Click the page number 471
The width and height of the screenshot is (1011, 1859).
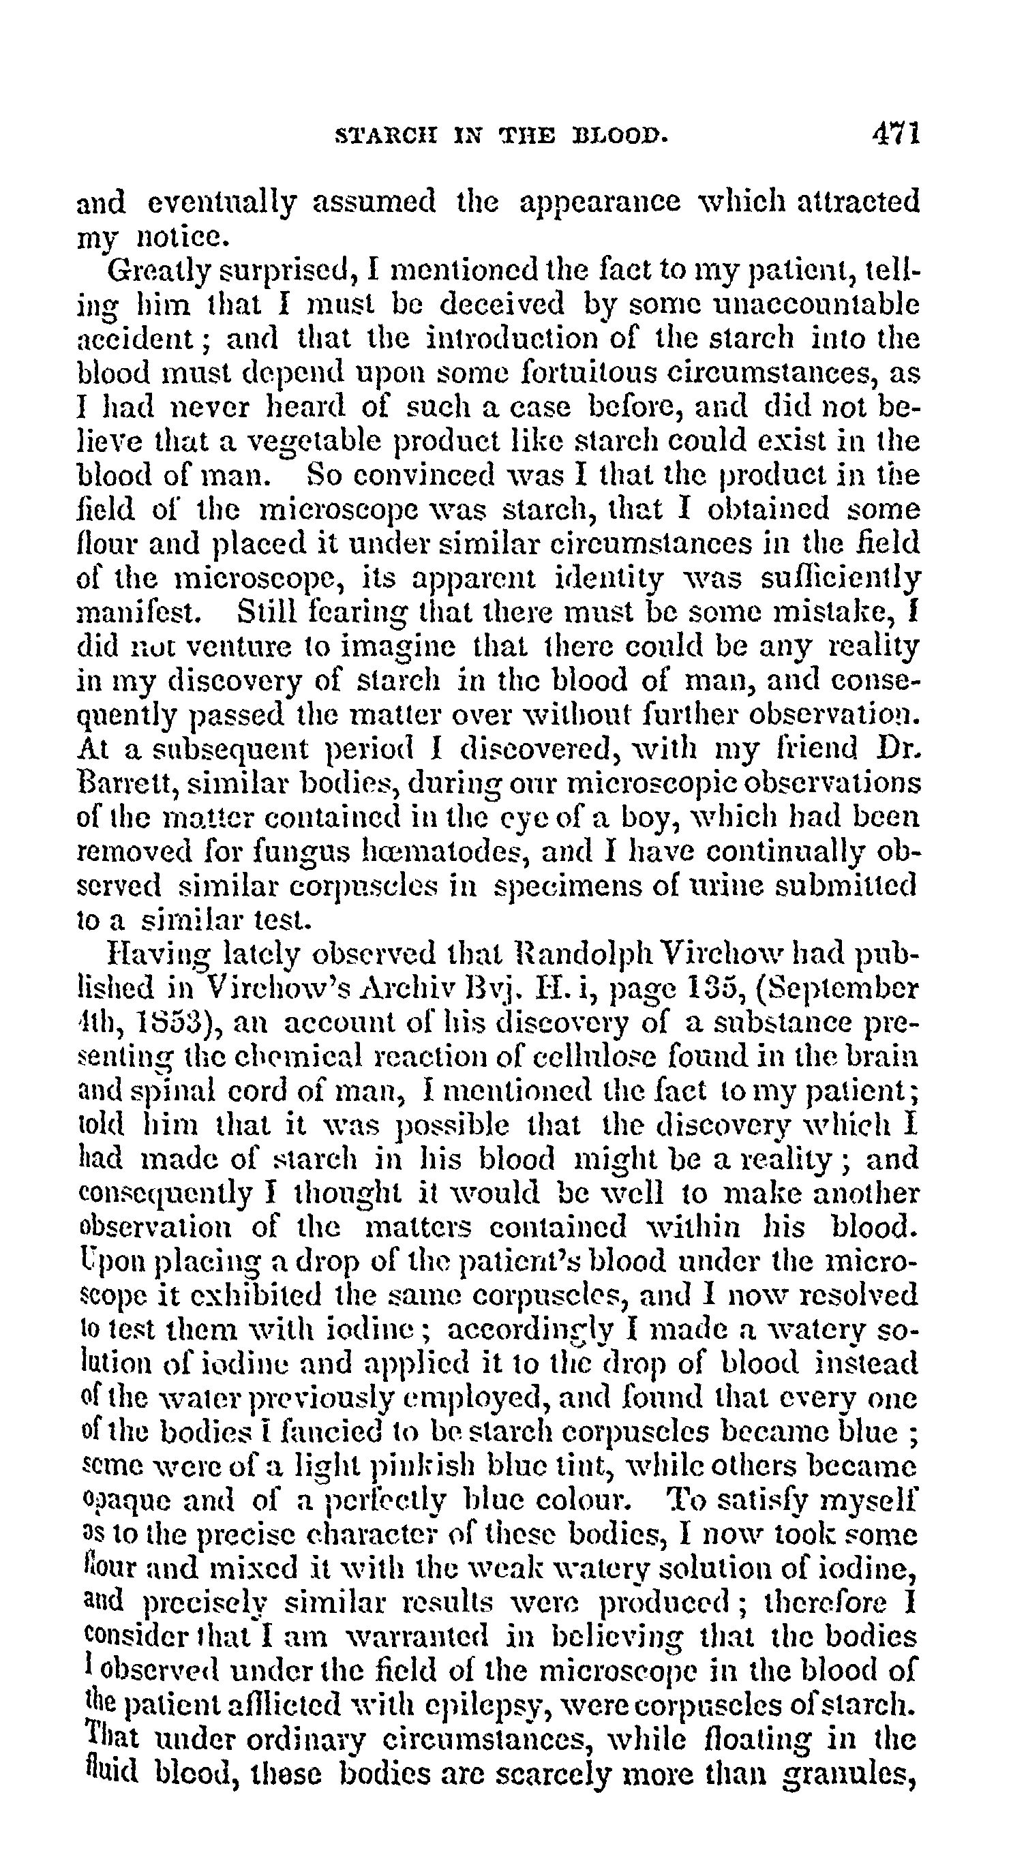[x=895, y=134]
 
